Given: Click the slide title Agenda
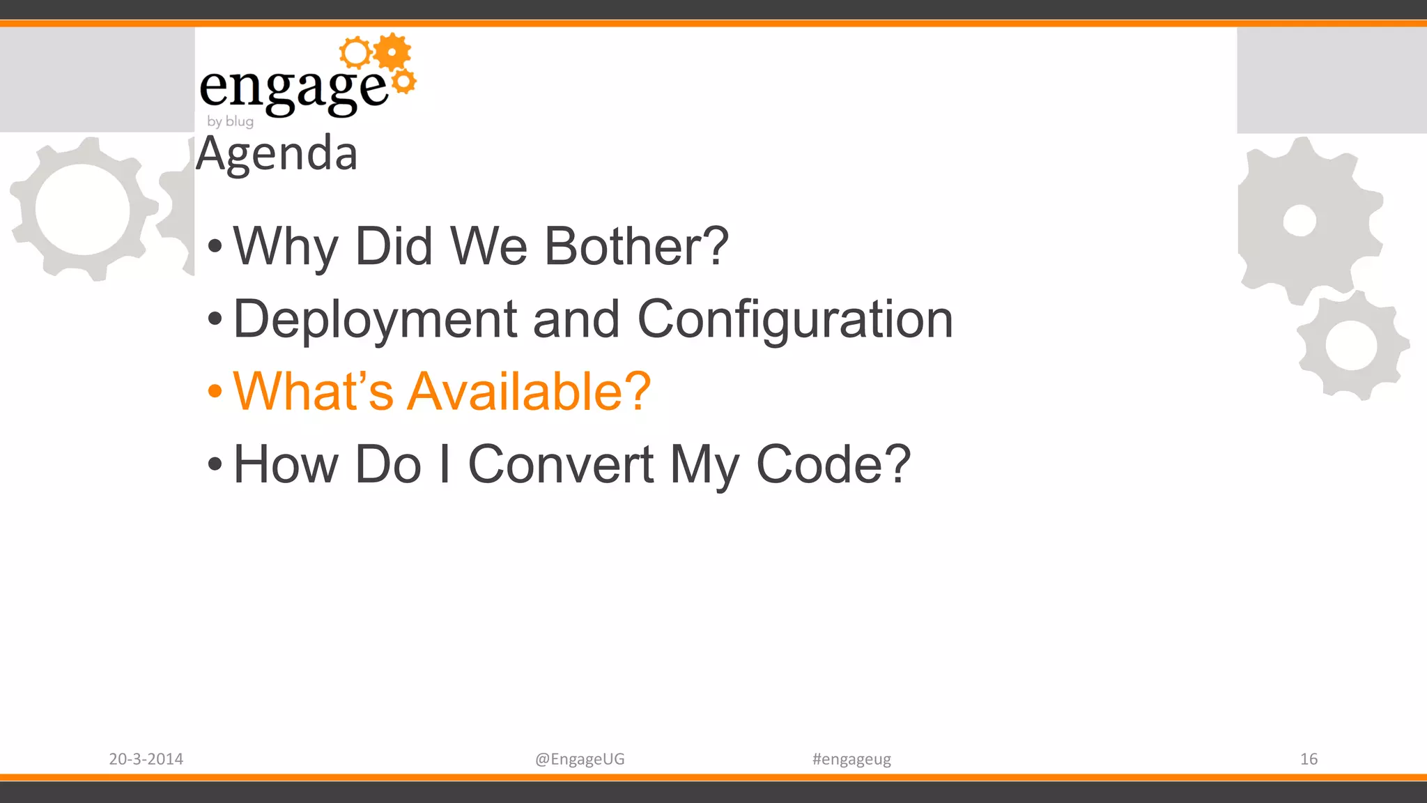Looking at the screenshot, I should (x=277, y=153).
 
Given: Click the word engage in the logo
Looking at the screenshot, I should (x=293, y=88).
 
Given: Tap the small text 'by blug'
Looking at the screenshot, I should (x=230, y=121).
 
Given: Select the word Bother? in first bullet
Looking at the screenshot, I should (x=635, y=246).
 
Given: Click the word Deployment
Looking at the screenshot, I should (x=375, y=319).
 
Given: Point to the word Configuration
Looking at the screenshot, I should (x=794, y=319).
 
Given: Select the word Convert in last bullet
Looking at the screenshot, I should (x=560, y=464).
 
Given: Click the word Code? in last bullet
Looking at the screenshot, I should (x=833, y=464).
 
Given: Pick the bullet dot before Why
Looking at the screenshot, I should (x=215, y=246).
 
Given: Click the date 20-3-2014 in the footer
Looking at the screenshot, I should (x=146, y=759).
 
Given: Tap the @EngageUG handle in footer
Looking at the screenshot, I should (x=580, y=759).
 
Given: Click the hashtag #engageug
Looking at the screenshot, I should (x=851, y=759).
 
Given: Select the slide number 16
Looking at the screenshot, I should (x=1309, y=759).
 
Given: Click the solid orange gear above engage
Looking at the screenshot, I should (x=392, y=52).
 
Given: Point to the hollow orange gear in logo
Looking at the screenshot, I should (x=356, y=53).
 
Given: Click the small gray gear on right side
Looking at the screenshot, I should (x=1352, y=346).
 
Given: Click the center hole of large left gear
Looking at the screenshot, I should (x=82, y=209).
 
